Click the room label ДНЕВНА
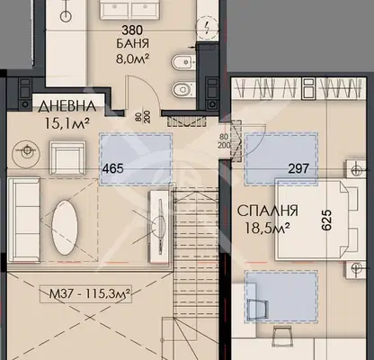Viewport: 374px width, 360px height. (x=67, y=106)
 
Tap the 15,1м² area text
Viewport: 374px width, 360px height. (x=67, y=123)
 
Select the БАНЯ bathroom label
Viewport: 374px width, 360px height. (x=132, y=44)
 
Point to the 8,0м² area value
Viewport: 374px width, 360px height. (x=132, y=58)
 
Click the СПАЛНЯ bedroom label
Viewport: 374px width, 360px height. (x=268, y=211)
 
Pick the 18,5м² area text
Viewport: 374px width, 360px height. (x=267, y=228)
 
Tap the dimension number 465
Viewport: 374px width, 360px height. (x=113, y=168)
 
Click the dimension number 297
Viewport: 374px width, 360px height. (x=298, y=168)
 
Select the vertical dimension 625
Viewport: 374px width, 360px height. (x=327, y=220)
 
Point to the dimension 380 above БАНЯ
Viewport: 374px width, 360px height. (x=132, y=31)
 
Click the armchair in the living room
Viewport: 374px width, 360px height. (x=67, y=157)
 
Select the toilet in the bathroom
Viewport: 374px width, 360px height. (x=183, y=89)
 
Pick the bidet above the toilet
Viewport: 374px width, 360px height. (x=183, y=62)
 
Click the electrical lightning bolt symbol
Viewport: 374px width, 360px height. (x=207, y=28)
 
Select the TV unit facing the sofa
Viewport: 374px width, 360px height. (x=159, y=227)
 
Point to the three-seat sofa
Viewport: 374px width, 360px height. (x=24, y=220)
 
